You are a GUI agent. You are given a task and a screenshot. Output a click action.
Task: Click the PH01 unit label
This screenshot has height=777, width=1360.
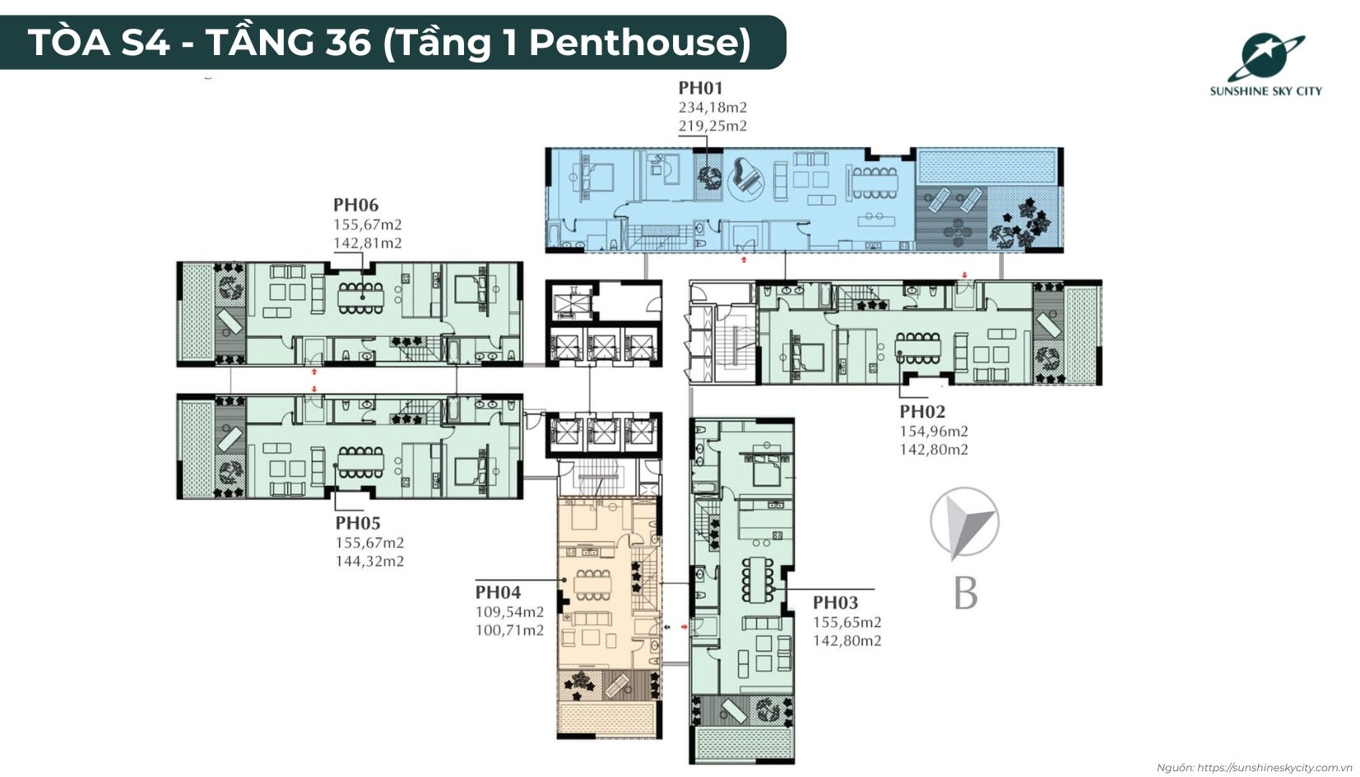(x=700, y=88)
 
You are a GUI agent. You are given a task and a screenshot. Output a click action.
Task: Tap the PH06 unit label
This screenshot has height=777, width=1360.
(x=355, y=205)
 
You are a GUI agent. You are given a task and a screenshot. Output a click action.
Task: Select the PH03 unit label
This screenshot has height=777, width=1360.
(x=835, y=603)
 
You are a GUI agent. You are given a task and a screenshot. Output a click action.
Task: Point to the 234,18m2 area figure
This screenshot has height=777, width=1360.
(x=712, y=108)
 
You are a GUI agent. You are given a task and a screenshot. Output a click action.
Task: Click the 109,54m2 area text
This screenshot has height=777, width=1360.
(x=509, y=612)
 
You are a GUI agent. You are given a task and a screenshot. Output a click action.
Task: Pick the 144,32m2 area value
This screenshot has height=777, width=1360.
(x=369, y=561)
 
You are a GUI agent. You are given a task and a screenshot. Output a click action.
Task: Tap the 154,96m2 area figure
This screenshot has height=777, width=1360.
(x=934, y=432)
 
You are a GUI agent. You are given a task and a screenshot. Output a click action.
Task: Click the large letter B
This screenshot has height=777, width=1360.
(x=965, y=593)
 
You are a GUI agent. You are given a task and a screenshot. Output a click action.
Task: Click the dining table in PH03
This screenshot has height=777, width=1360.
(x=758, y=580)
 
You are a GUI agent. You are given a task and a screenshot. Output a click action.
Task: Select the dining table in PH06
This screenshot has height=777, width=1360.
(x=360, y=298)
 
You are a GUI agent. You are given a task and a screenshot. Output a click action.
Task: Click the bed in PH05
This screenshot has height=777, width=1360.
(x=472, y=469)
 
